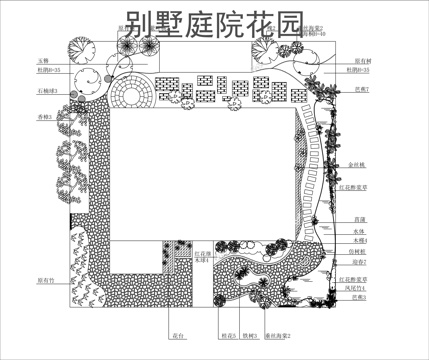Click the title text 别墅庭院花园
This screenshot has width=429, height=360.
tap(215, 26)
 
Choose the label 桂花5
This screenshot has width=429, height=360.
tap(228, 337)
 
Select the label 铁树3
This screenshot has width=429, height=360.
tap(249, 337)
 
